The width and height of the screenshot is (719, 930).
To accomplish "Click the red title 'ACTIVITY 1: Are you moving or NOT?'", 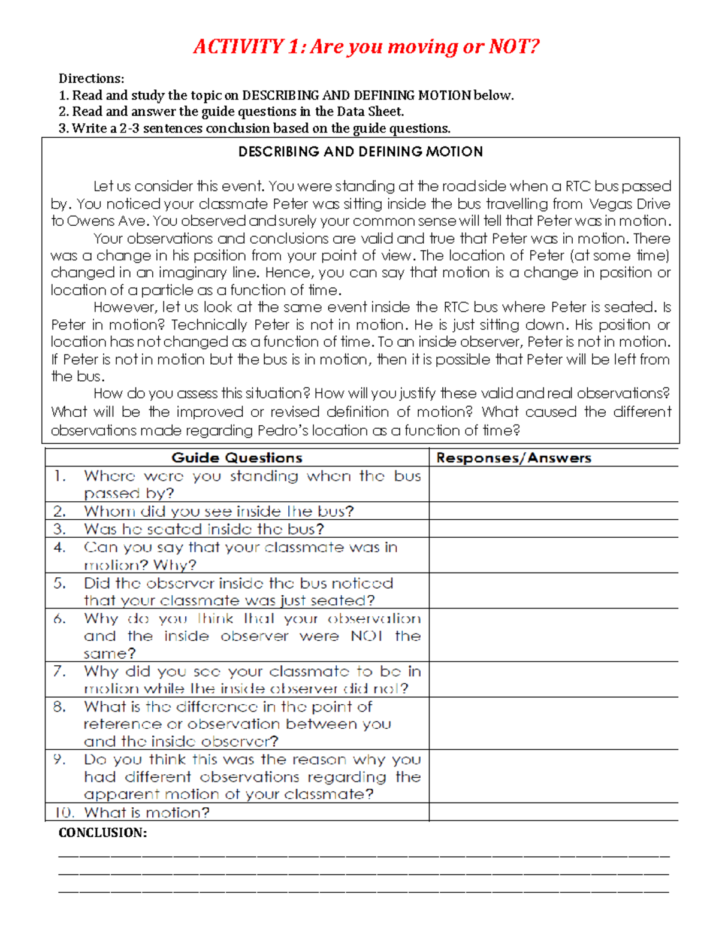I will [366, 47].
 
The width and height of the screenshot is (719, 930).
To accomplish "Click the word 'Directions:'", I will [91, 78].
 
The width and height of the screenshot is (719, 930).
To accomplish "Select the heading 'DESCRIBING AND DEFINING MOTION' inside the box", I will [360, 152].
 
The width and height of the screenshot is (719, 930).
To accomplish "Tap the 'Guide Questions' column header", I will [237, 458].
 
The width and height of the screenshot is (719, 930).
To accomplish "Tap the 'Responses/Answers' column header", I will [513, 458].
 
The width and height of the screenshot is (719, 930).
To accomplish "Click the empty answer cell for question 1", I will [554, 484].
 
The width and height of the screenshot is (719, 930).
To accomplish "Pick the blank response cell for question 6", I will [554, 635].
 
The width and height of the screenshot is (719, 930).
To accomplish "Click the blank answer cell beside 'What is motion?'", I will [554, 813].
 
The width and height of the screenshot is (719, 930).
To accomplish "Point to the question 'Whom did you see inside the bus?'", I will [219, 511].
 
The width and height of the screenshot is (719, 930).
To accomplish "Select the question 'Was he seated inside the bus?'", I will [204, 529].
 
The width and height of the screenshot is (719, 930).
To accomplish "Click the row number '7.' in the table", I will [59, 671].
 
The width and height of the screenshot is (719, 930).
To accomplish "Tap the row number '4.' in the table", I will [59, 547].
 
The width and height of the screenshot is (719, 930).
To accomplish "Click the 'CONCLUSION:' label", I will [102, 833].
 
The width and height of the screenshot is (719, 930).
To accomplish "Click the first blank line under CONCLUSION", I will [363, 858].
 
